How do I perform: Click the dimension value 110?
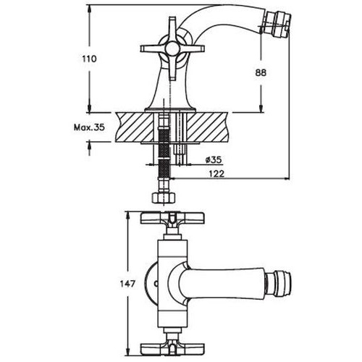pos(89,59)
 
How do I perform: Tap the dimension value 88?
pos(261,72)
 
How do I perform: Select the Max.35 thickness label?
pos(89,127)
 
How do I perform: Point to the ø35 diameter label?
pos(214,159)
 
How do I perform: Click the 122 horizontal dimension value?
pos(216,173)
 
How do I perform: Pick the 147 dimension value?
pos(127,284)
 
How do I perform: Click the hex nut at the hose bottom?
pos(164,198)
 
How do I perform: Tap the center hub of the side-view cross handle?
pos(172,49)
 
